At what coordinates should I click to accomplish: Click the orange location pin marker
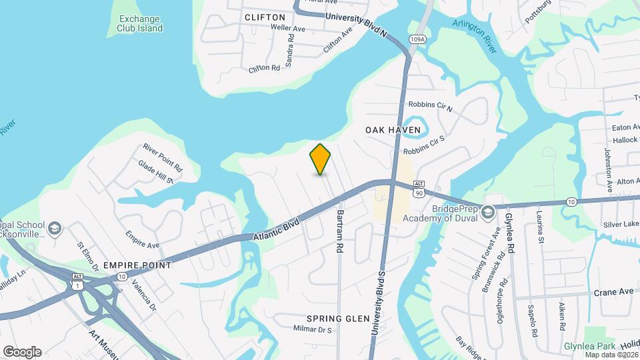(x=321, y=159)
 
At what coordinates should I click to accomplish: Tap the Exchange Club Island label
(x=140, y=24)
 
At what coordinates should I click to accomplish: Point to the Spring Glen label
(x=338, y=319)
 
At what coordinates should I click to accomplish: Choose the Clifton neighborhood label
(x=265, y=17)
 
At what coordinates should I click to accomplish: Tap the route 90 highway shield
(x=419, y=193)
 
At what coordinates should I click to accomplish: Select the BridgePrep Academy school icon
(x=488, y=212)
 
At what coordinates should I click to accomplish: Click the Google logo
(x=22, y=351)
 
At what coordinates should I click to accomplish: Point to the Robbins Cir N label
(x=430, y=106)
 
